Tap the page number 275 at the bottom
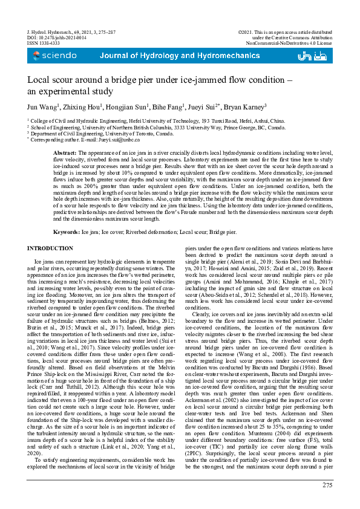pos(327,485)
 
